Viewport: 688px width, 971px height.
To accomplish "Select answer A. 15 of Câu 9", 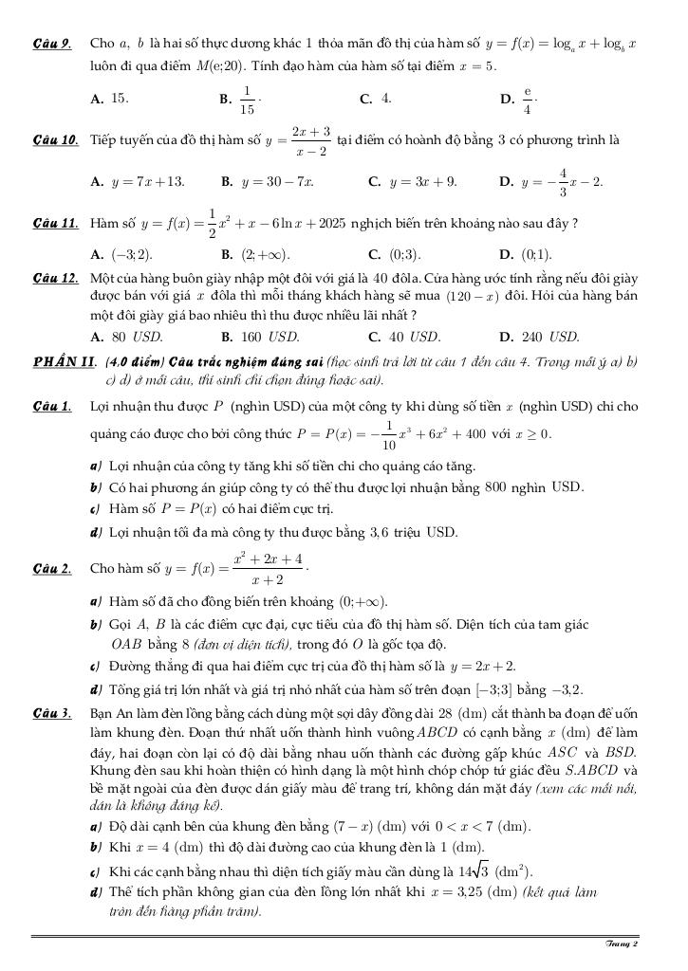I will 109,98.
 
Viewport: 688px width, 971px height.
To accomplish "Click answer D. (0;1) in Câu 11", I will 525,255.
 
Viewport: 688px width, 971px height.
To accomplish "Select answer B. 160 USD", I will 260,336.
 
